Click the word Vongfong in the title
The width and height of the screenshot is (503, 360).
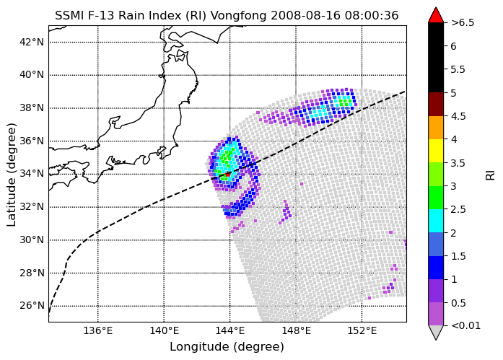[240, 15]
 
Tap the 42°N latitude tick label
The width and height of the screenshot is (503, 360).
[32, 42]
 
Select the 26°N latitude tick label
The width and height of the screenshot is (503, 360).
[32, 305]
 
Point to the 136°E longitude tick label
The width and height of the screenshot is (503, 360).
[98, 330]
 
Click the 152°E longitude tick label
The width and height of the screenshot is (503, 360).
[362, 330]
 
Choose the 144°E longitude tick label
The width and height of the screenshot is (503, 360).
[230, 330]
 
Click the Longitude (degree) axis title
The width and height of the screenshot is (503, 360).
[227, 346]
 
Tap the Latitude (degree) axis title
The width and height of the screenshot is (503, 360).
[11, 175]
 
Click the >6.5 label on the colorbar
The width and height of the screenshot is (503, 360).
[463, 23]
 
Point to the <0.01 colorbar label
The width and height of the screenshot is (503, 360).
[465, 325]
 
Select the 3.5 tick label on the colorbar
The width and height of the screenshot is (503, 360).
[458, 163]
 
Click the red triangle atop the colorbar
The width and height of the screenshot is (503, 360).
[436, 15]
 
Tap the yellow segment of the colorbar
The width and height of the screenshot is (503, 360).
[436, 151]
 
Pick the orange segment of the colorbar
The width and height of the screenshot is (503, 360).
[436, 128]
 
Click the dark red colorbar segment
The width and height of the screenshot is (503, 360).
[436, 104]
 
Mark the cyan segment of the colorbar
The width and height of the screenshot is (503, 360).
[436, 221]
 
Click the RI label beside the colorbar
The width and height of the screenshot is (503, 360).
[491, 175]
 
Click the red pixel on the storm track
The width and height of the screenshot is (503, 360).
[228, 174]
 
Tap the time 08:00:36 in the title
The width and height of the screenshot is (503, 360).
[372, 15]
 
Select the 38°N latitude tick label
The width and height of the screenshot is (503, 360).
[32, 107]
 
